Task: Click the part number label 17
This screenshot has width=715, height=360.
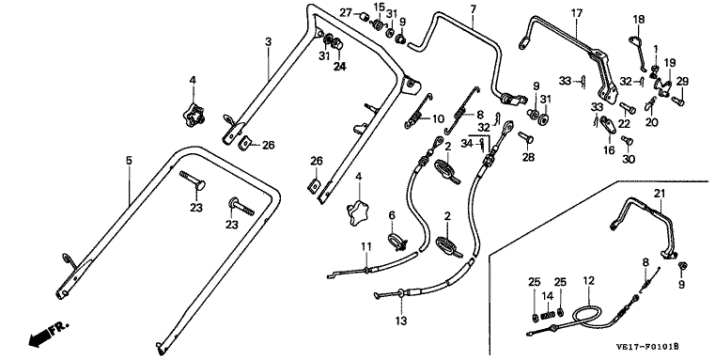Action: tap(577, 13)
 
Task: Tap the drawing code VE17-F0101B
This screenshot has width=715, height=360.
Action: tap(647, 347)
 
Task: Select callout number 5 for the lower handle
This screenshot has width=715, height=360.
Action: tap(129, 161)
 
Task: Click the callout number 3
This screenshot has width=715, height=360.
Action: tap(268, 42)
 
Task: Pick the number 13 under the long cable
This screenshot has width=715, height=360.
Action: tap(401, 321)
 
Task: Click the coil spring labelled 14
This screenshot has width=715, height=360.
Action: tap(547, 315)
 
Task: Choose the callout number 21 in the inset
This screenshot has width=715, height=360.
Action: tap(660, 194)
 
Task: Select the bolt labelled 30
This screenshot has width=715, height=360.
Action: tap(627, 140)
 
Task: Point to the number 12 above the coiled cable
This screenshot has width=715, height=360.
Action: tap(589, 281)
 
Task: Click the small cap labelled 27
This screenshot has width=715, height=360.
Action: tap(364, 17)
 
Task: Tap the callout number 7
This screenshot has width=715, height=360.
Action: tap(473, 8)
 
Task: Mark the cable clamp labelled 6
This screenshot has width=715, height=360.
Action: tap(396, 242)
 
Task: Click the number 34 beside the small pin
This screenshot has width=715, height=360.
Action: tap(466, 144)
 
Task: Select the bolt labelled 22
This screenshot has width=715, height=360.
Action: tap(628, 109)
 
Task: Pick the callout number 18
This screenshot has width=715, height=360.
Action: tap(639, 19)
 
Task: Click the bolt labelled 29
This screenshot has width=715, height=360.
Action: tap(677, 101)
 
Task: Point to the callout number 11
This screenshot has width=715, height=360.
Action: tap(366, 246)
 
